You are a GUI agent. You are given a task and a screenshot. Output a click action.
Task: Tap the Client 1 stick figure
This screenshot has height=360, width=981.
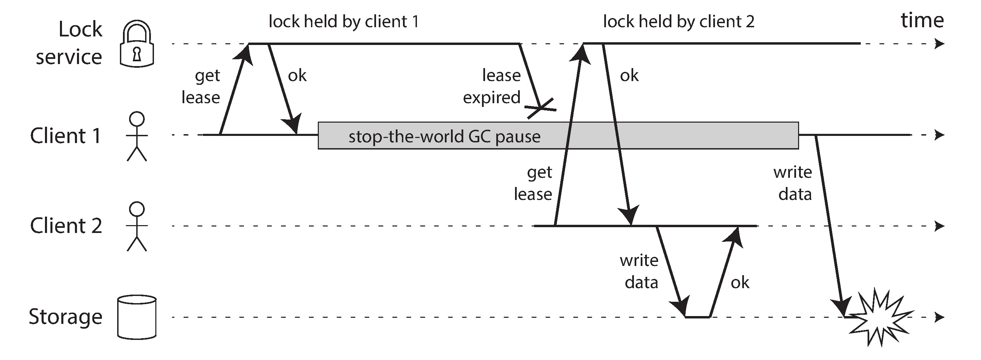click(137, 136)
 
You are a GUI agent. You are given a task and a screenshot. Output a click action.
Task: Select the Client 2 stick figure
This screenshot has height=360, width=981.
click(137, 226)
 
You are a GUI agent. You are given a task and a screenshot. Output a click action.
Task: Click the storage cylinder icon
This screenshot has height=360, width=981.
click(137, 317)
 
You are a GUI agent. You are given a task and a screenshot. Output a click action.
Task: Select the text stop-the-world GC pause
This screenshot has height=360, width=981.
click(444, 136)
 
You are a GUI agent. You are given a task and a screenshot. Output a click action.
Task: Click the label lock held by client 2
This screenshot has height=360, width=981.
click(678, 21)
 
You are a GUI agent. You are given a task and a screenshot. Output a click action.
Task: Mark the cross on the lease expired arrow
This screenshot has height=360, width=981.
click(541, 108)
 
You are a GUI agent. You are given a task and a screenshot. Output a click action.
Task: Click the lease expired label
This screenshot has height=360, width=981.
click(492, 86)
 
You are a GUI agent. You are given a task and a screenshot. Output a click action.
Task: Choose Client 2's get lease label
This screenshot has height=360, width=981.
click(533, 183)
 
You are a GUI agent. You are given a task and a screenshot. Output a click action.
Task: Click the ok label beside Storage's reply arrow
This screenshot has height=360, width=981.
click(739, 283)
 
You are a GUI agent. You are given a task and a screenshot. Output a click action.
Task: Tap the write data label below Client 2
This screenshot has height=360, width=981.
click(639, 271)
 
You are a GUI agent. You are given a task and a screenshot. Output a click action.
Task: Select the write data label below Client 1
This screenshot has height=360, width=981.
click(793, 183)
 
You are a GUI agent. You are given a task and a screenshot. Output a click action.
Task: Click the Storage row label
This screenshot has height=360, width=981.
click(65, 316)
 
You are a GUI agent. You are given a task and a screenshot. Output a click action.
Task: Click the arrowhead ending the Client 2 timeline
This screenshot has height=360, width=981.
click(939, 226)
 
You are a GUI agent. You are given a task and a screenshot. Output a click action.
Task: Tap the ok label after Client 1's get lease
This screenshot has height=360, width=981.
click(297, 75)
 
